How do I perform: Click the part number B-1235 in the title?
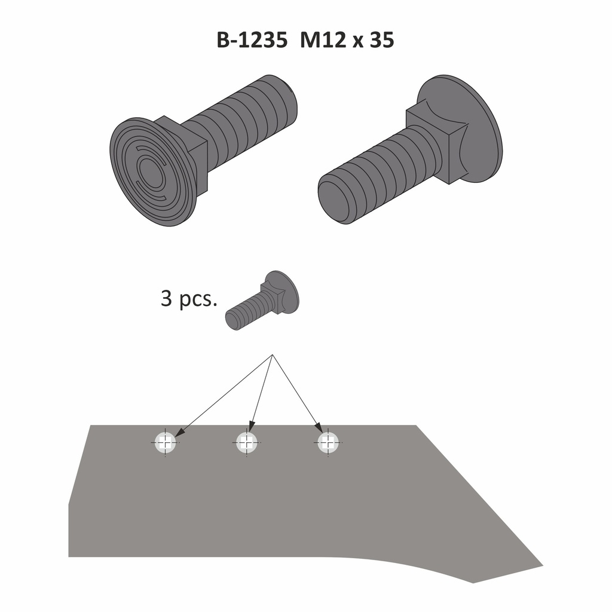252,40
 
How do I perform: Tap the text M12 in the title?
323,40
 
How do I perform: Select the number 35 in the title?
382,40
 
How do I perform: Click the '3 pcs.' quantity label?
188,299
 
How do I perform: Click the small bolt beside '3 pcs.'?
263,300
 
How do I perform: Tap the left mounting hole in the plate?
165,443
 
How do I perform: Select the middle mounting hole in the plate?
247,443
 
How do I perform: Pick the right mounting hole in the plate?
328,443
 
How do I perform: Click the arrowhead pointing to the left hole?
179,432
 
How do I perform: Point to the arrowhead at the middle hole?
252,427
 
